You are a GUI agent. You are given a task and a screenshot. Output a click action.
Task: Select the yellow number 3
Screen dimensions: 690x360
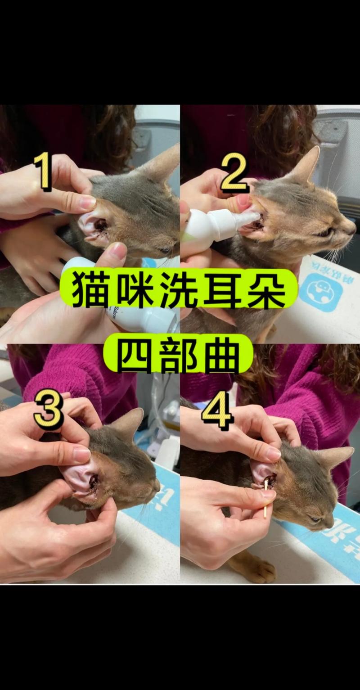48,411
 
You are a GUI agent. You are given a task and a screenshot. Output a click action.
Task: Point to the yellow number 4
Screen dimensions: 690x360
217,410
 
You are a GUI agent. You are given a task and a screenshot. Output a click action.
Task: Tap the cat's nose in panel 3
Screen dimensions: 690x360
157,486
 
